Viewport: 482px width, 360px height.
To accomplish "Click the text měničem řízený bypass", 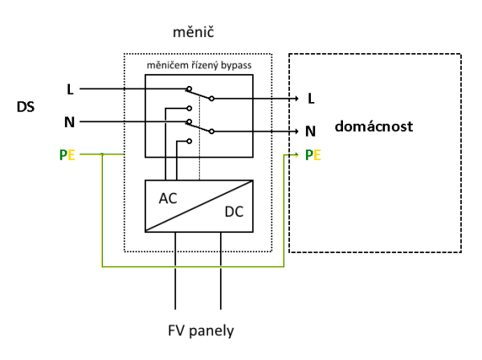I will (198, 64).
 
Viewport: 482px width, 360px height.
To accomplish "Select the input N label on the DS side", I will (71, 122).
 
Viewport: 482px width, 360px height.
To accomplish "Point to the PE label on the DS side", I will (67, 155).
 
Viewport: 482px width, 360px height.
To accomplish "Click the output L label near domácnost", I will (312, 98).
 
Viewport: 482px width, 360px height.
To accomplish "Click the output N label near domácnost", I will (312, 130).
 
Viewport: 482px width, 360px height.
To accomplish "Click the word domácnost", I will (375, 127).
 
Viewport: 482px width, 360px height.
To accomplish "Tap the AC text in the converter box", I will (169, 198).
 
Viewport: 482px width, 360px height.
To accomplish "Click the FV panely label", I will (201, 330).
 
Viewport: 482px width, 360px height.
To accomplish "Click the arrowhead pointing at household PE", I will (298, 153).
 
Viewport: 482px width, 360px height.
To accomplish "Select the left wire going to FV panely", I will (174, 273).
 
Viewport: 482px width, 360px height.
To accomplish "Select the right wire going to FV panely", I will (221, 273).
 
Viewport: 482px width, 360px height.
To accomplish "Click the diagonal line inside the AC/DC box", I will (198, 207).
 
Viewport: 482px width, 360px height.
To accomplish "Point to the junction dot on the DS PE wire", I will (102, 155).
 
